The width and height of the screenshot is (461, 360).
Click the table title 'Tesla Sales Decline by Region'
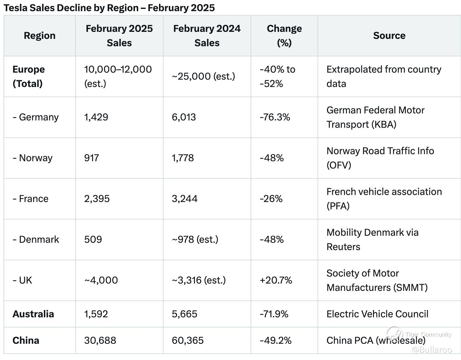point(71,8)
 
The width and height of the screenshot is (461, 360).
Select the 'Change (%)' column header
point(284,36)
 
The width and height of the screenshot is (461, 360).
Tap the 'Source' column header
point(389,35)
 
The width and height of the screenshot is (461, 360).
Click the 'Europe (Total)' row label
point(29,76)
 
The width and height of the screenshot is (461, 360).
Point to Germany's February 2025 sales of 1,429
point(96,117)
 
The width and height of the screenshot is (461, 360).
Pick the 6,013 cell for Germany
point(184,117)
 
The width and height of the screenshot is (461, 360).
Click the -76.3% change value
point(275,117)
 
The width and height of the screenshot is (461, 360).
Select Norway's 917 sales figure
point(91,158)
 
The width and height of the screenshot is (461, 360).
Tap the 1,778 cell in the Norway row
point(183,158)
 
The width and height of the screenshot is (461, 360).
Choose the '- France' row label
point(31,199)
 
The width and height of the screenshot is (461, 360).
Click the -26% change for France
point(271,199)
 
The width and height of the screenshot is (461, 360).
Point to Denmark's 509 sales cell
point(93,240)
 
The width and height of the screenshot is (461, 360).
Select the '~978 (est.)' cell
point(195,240)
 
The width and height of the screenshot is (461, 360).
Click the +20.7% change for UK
point(276,280)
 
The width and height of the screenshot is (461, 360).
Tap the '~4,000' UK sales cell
point(101,280)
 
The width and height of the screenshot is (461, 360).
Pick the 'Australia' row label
point(33,314)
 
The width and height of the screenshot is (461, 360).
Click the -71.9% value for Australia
point(274,314)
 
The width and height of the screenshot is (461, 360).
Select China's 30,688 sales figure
point(100,341)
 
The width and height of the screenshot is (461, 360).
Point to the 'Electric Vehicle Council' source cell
point(377,314)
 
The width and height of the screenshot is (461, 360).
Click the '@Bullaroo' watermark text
point(432,350)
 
